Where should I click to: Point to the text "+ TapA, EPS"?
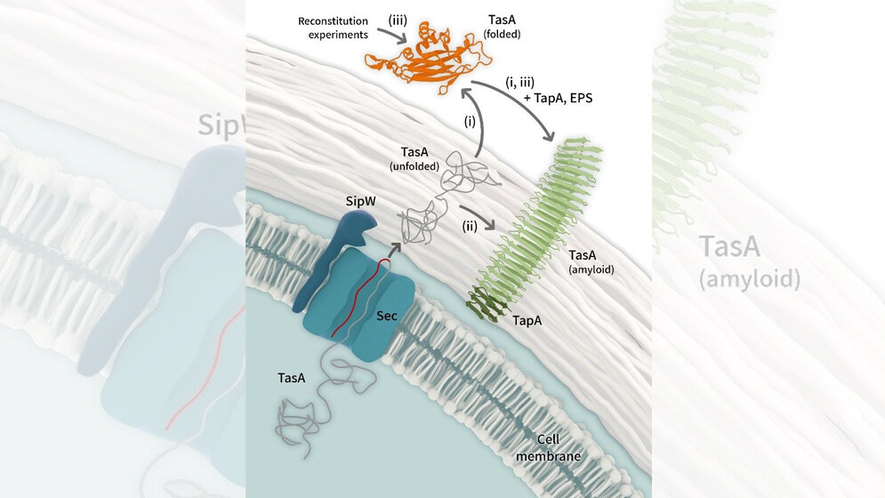[x=559, y=100]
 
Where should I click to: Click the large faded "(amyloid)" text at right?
[x=749, y=279]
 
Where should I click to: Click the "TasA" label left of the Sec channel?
[x=291, y=379]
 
